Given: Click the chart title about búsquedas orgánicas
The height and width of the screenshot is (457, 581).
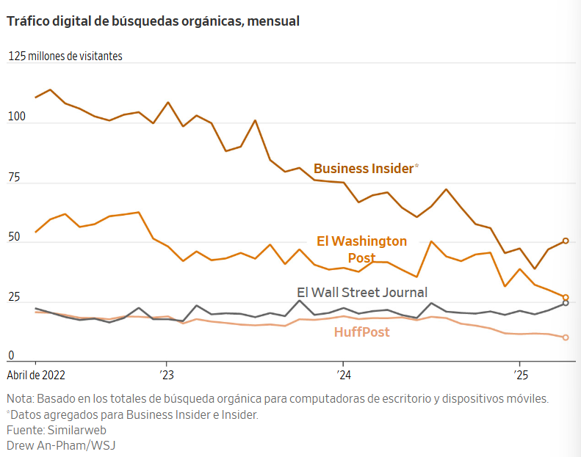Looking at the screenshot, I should tap(153, 21).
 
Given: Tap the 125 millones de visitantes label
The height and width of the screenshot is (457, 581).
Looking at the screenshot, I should tap(65, 56).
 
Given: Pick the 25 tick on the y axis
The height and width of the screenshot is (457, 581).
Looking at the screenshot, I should tap(13, 298).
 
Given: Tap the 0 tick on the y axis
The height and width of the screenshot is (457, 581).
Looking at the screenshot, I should tap(10, 356).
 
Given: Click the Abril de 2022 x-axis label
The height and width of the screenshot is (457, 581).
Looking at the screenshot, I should tap(36, 375).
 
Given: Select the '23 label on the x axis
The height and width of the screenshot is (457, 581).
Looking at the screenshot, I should tap(166, 375).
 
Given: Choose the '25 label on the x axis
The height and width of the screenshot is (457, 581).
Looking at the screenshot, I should tap(519, 375).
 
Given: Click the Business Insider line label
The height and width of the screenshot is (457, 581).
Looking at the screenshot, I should tap(364, 169).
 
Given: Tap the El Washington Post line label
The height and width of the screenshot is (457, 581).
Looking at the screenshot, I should tap(361, 249).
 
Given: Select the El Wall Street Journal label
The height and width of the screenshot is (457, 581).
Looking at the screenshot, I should tap(361, 293).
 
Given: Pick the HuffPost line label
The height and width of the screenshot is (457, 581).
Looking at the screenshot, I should tap(361, 332).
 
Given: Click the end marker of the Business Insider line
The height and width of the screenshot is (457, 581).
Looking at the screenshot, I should tap(566, 241).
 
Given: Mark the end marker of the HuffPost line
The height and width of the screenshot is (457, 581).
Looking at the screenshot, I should tap(566, 337).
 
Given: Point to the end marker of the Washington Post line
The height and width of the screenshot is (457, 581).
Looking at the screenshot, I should tap(566, 298).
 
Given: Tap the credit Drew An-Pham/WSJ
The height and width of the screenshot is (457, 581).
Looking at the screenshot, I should tap(61, 445).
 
